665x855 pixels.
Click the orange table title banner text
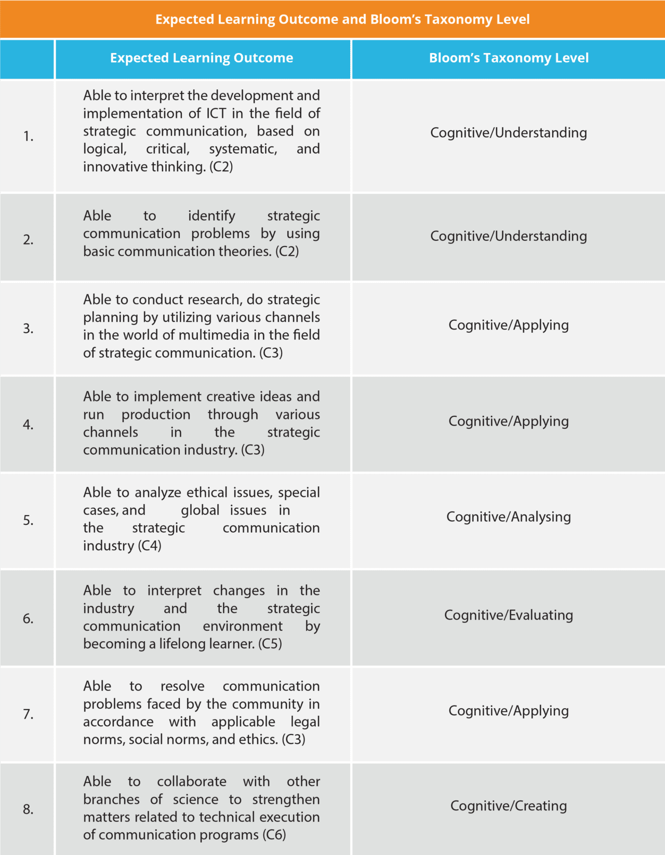(342, 19)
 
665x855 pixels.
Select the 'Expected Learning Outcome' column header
(202, 58)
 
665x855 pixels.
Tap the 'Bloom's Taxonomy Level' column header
(509, 58)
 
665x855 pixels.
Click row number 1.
(28, 137)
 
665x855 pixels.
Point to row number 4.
(28, 425)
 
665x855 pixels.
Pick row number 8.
(28, 809)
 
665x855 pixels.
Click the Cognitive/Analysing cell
(509, 517)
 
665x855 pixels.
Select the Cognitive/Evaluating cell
(509, 615)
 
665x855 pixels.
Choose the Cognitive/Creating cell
(509, 806)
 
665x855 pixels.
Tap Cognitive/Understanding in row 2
(509, 236)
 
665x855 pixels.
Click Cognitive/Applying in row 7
(509, 711)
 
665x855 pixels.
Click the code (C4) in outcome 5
(150, 546)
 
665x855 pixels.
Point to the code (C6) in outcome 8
(274, 835)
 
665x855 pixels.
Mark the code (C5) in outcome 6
(270, 644)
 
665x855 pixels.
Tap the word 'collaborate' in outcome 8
(192, 781)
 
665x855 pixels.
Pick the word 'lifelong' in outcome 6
(182, 644)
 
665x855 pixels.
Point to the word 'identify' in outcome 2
(211, 215)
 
